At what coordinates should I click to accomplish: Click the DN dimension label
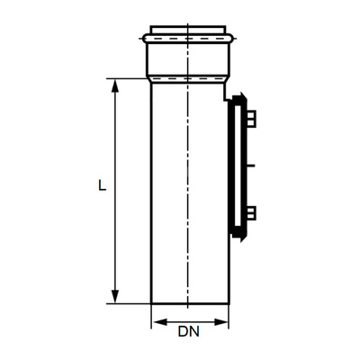tap(188, 331)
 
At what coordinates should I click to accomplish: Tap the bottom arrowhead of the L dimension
tap(115, 298)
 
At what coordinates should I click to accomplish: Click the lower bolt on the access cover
tap(251, 213)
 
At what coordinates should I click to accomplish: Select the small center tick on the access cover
tap(255, 166)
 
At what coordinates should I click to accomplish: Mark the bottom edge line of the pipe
tap(188, 303)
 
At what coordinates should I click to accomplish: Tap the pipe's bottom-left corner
tap(150, 303)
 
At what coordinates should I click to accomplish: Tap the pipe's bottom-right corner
tap(228, 303)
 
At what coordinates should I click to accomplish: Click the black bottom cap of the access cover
tap(238, 236)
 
